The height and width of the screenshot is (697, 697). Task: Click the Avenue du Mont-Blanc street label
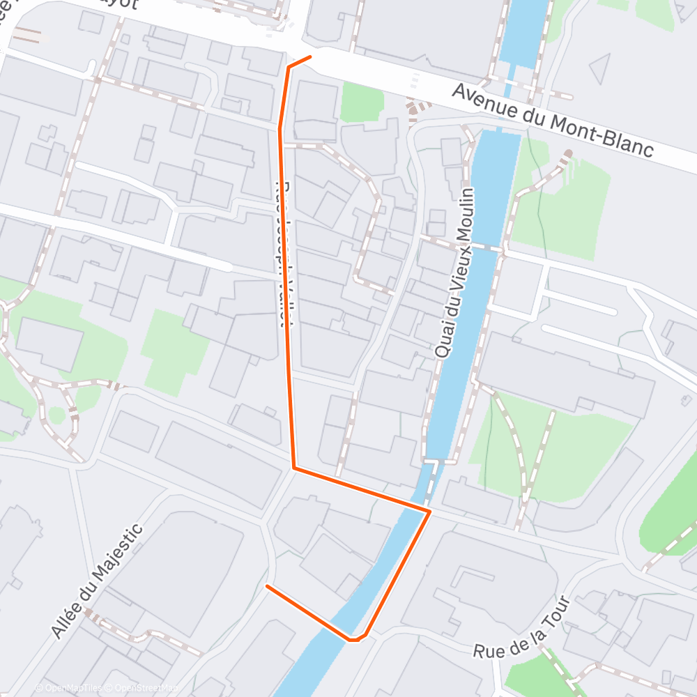point(553,121)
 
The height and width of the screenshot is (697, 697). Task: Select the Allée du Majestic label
point(97,580)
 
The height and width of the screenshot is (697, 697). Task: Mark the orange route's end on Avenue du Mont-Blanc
point(309,56)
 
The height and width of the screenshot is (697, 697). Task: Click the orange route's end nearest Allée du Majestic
point(268,586)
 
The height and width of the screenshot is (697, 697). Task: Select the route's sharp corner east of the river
point(429,512)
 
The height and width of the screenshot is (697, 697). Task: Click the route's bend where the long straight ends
point(295,468)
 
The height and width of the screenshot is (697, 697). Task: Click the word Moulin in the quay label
point(465,213)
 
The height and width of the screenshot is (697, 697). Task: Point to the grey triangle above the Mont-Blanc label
point(600,68)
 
